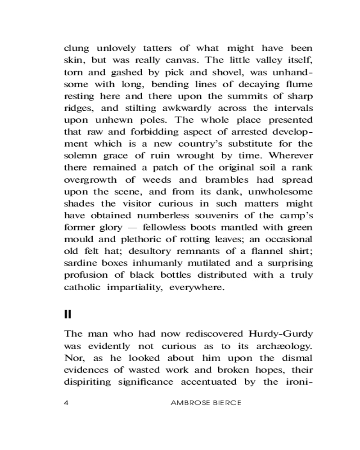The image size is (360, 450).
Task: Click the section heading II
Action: pos(68,314)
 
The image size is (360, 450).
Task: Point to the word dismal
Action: pos(297,358)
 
